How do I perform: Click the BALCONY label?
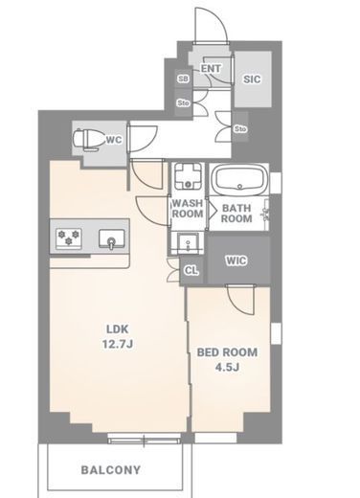(x=111, y=470)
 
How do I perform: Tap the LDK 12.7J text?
(x=118, y=336)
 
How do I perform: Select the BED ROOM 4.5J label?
(x=227, y=360)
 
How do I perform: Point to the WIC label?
(x=236, y=260)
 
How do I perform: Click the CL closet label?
(x=191, y=271)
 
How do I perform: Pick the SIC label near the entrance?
(x=252, y=79)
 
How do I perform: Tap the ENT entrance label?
(x=211, y=68)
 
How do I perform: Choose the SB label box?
(x=183, y=79)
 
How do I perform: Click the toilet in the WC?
(x=89, y=139)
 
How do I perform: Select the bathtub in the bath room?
(x=238, y=179)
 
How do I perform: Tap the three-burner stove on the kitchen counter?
(x=69, y=238)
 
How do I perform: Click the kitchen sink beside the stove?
(x=111, y=239)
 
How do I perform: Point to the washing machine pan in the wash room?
(x=188, y=176)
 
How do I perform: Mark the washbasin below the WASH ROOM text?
(x=188, y=243)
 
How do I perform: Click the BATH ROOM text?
(x=236, y=214)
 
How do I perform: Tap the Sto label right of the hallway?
(x=240, y=129)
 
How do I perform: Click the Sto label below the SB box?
(x=184, y=103)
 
